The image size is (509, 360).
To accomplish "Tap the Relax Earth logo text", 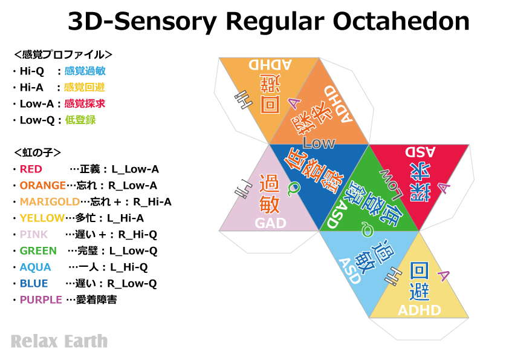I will click(59, 341).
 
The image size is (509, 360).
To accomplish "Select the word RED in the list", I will click(31, 169).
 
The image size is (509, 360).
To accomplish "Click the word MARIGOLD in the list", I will click(50, 201).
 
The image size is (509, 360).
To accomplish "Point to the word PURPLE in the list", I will click(41, 299).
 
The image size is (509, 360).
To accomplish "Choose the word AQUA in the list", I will click(35, 267).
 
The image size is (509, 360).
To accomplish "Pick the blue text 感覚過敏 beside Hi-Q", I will click(85, 71).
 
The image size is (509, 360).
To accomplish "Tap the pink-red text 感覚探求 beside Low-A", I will click(85, 103).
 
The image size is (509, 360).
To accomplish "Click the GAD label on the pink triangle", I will click(270, 223).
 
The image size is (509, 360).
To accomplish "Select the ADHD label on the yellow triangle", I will click(419, 310).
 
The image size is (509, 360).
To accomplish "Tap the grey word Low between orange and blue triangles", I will click(319, 143).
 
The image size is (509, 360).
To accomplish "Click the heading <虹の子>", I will click(37, 152).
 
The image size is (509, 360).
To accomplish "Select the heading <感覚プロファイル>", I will click(63, 54).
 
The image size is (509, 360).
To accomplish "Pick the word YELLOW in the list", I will click(42, 218).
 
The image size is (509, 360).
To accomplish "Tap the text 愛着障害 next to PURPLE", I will click(96, 299).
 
